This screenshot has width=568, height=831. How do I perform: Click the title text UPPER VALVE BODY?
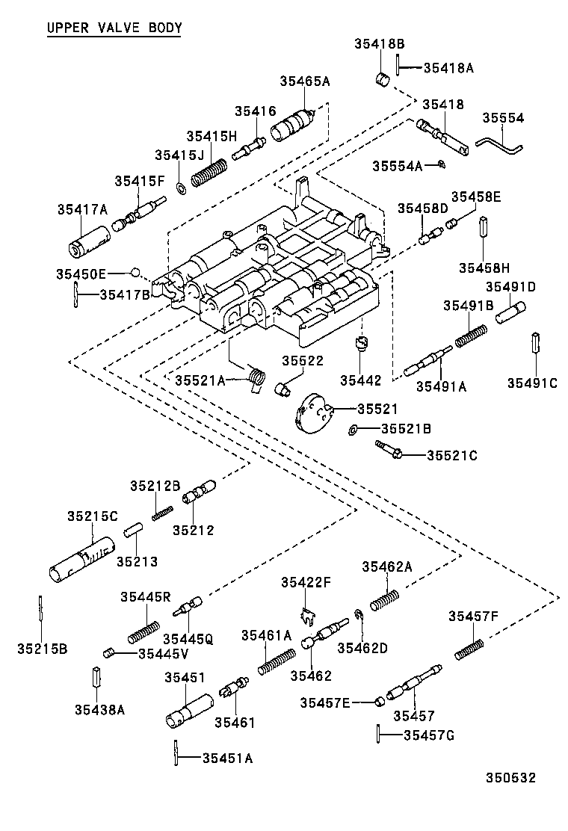114,28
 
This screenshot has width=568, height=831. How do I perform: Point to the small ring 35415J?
182,185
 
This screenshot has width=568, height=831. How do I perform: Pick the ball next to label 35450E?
135,271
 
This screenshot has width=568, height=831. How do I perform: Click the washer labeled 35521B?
352,430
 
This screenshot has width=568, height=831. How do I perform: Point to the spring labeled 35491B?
471,334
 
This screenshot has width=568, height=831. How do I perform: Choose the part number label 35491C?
532,383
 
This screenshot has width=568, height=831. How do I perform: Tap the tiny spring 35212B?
163,513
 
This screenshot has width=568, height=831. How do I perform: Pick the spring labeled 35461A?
277,661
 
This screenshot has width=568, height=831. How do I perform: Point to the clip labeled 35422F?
307,617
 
